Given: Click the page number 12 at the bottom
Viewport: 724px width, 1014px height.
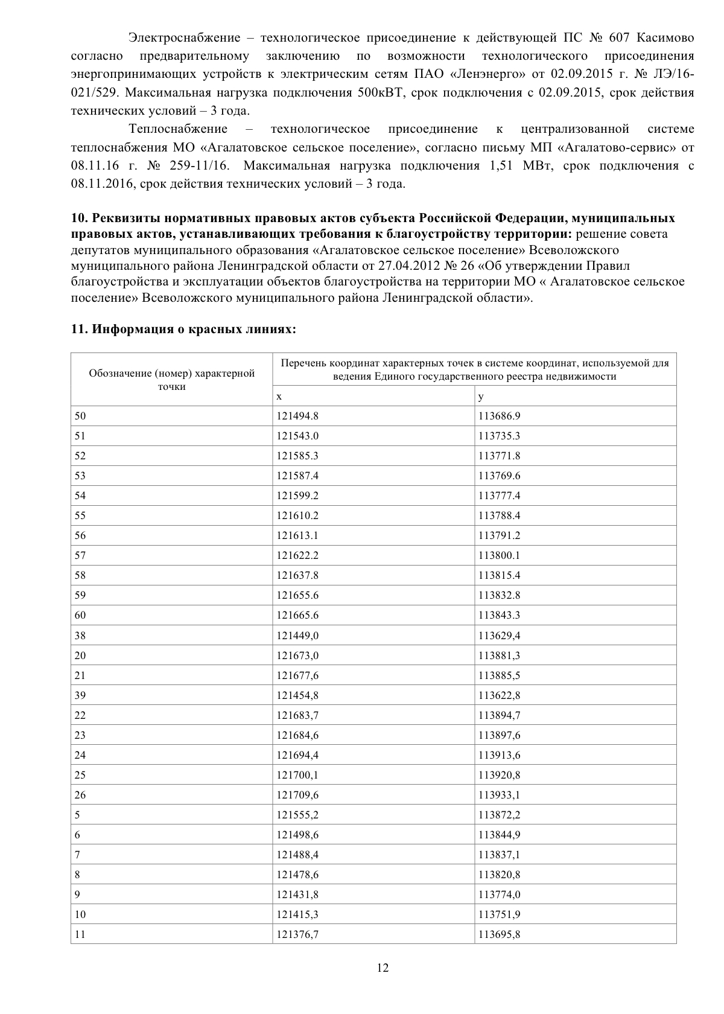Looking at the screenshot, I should (x=383, y=968).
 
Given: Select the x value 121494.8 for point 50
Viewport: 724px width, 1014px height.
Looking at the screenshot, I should (x=297, y=416).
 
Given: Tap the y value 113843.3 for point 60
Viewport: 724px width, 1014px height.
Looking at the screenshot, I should (x=500, y=615).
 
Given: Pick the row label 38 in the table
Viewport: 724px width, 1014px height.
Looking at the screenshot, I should (x=80, y=635).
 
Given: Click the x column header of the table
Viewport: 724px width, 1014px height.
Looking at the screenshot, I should (x=279, y=397).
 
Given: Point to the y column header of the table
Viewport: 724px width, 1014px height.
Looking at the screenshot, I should (x=481, y=397).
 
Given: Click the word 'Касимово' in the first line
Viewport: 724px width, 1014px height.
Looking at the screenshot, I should (x=665, y=38).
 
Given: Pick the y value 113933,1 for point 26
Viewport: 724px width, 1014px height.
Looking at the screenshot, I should (x=500, y=795).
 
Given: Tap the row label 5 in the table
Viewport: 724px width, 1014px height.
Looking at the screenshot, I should (x=77, y=815).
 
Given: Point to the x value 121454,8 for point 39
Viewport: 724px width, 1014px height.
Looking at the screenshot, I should (x=297, y=695).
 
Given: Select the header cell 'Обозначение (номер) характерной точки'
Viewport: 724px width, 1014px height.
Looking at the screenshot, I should (x=172, y=380).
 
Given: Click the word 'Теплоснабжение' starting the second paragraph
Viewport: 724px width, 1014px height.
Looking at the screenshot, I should (x=178, y=129).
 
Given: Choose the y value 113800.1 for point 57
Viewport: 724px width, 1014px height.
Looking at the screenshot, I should (x=500, y=555).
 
